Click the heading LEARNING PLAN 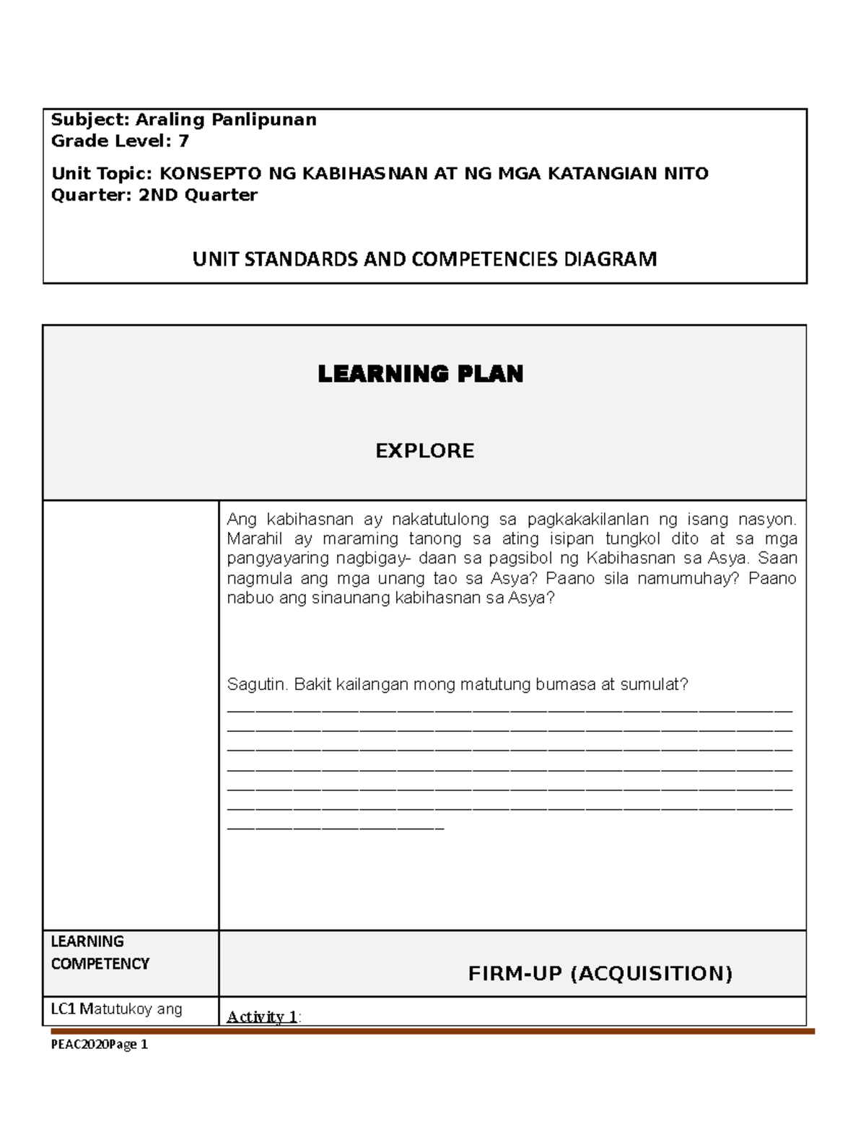(x=421, y=374)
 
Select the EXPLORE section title (x=424, y=451)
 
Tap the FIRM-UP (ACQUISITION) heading (x=600, y=974)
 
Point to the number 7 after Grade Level (x=183, y=141)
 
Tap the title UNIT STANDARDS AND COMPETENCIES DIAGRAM (x=424, y=259)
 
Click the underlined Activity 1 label (x=262, y=1017)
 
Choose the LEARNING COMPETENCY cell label (x=100, y=953)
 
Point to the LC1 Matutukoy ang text (x=116, y=1009)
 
